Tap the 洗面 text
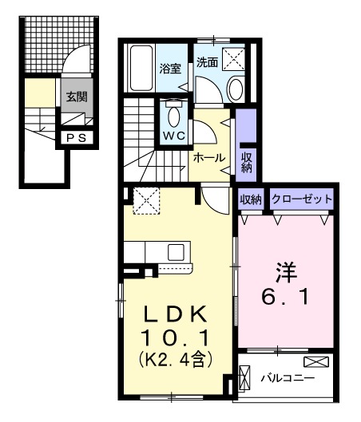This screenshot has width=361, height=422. pos(207,62)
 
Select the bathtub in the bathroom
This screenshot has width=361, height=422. pos(142,69)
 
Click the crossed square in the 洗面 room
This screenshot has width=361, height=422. pos(233,57)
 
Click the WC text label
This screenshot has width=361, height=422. pos(174,136)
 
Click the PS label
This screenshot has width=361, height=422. pos(77,137)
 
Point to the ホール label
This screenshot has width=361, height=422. pos(208,157)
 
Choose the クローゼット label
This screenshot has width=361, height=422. pos(301,199)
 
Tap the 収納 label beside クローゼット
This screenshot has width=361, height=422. pos(251,199)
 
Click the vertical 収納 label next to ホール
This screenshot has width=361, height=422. pos(247,161)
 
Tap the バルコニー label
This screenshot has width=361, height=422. pos(288,377)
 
